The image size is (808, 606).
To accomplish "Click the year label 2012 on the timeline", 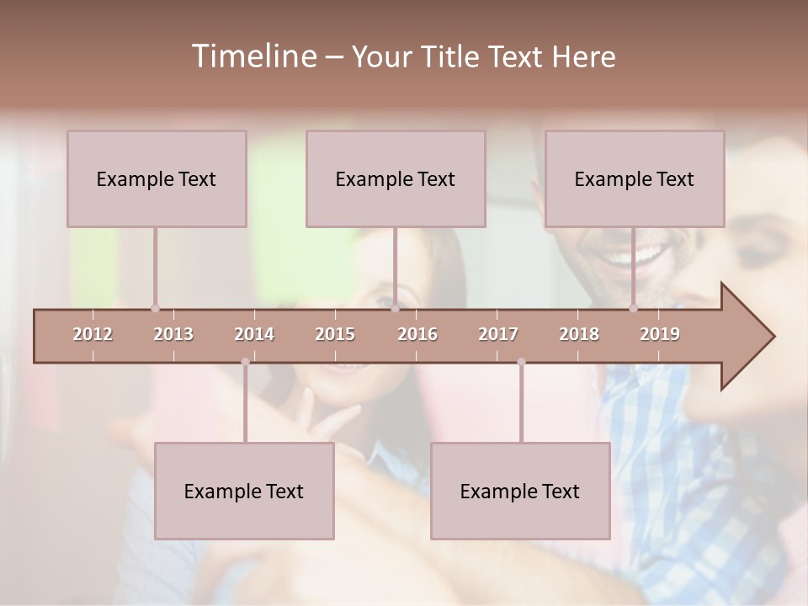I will click(x=93, y=334).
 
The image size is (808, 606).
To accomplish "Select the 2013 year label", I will click(x=173, y=334).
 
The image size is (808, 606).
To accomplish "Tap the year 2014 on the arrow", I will click(x=254, y=334).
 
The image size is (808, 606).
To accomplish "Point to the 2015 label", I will click(x=335, y=334).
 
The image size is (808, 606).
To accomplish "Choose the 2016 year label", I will click(x=417, y=334).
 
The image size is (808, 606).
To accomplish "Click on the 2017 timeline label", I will click(x=498, y=334).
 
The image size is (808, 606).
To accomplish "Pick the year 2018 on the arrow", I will click(x=579, y=334).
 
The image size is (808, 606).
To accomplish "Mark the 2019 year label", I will click(x=660, y=334).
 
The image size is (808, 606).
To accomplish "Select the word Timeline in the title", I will click(x=252, y=56).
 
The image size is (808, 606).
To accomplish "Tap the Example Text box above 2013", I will click(x=157, y=178).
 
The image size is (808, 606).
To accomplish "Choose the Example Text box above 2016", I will click(x=396, y=178).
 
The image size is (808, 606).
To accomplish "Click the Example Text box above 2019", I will click(x=635, y=178).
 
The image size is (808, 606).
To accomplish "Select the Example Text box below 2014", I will click(x=244, y=491).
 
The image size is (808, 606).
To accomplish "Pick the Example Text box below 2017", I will click(x=520, y=491).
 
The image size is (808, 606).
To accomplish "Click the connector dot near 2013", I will click(x=155, y=308).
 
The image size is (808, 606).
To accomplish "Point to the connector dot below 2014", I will click(x=245, y=362).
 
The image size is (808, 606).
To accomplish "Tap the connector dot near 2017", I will click(x=521, y=362).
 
